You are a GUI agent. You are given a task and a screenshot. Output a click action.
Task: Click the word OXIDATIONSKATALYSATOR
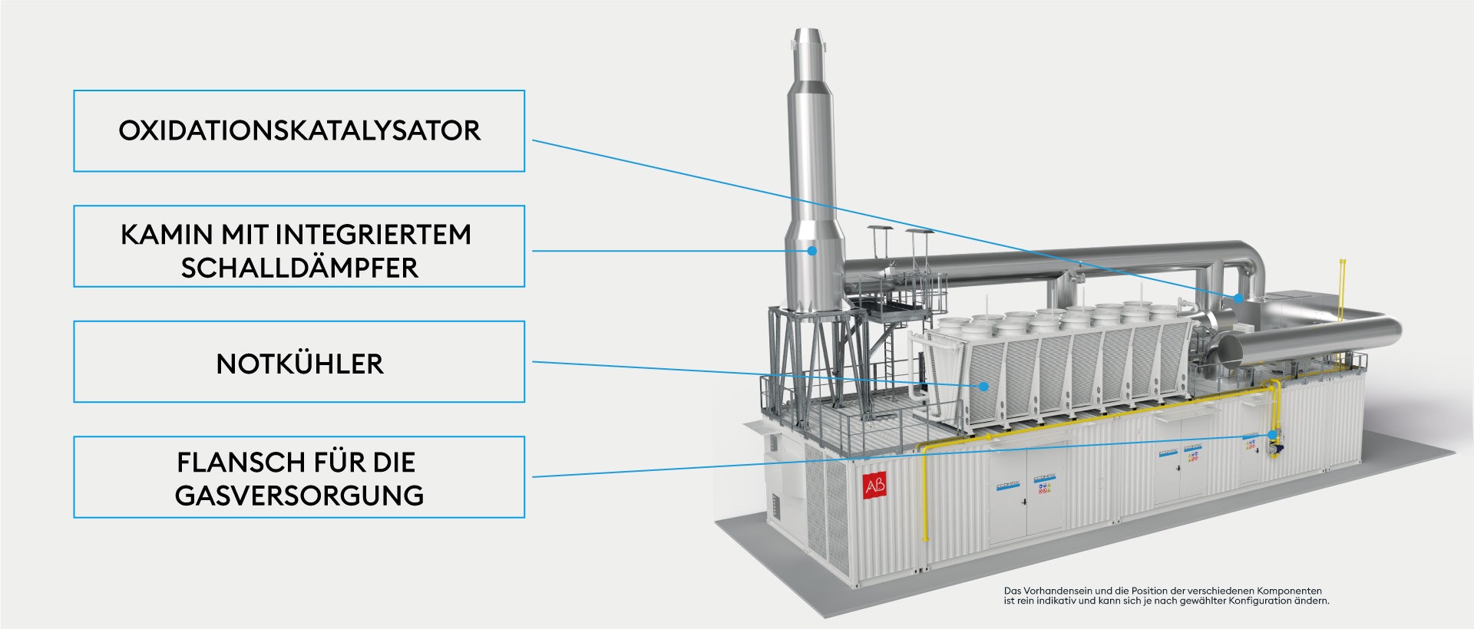299,130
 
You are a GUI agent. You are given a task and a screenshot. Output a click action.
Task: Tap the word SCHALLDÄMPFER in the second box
299,268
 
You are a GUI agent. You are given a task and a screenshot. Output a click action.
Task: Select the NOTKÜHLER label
299,364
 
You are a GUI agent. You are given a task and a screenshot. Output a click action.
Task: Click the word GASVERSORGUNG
299,496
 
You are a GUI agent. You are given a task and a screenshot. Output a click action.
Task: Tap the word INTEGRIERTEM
373,234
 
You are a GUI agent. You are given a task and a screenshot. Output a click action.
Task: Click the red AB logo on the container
874,486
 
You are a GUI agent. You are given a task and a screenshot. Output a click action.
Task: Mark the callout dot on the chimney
811,250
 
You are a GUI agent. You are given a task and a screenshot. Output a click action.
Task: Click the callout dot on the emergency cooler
983,387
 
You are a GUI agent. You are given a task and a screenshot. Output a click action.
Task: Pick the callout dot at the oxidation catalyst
1238,298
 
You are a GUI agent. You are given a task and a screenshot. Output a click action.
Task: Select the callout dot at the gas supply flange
1272,435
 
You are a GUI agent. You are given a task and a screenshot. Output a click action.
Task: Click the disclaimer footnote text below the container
1166,596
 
